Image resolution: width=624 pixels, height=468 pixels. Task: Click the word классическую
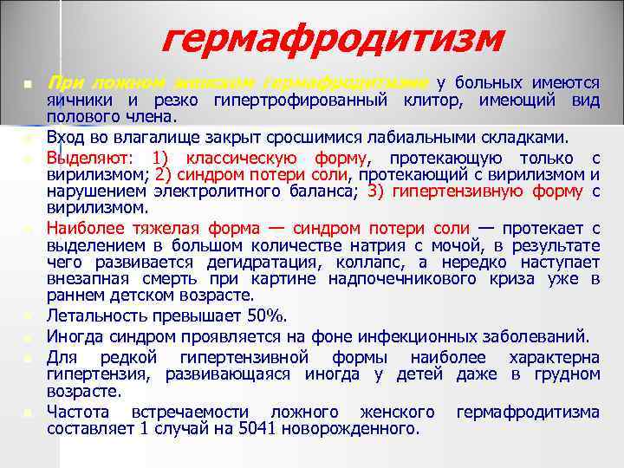[x=244, y=159]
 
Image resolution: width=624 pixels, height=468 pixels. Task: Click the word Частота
[x=80, y=412]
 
